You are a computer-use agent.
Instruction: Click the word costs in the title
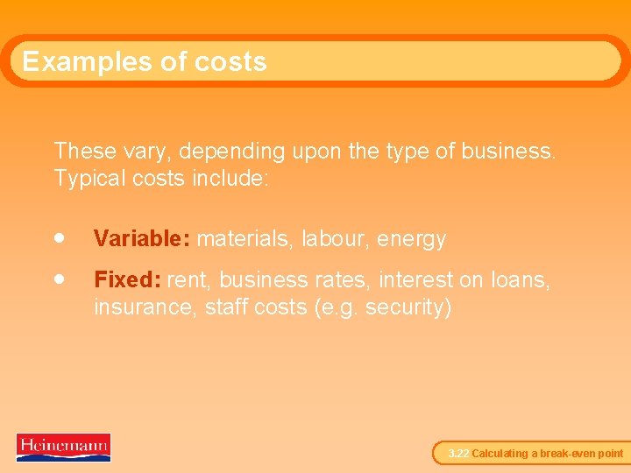pos(231,62)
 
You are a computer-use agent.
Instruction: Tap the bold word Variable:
pos(142,238)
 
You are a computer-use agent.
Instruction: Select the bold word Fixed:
pos(126,280)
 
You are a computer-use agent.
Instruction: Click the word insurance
pos(145,308)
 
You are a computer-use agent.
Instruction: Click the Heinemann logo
pos(63,447)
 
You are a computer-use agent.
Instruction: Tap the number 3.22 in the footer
pos(458,454)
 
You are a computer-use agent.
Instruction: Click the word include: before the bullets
pos(234,179)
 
